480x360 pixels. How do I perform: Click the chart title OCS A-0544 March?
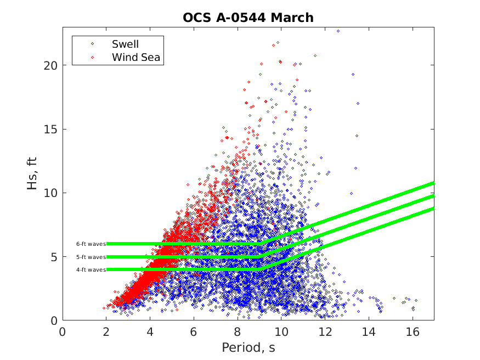(248, 18)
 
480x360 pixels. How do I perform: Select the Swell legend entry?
(125, 44)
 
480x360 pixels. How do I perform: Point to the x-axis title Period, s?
(248, 348)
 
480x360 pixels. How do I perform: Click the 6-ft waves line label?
(91, 244)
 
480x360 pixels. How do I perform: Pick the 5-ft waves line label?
(91, 257)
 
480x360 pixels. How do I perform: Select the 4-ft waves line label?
(91, 269)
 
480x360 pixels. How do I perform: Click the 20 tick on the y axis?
(51, 65)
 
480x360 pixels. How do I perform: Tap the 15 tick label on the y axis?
(51, 129)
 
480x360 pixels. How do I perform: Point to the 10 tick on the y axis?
(51, 193)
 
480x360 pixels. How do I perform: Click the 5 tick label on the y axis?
(54, 257)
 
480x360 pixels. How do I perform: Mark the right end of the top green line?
(433, 183)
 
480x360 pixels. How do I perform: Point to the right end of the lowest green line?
(433, 208)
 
